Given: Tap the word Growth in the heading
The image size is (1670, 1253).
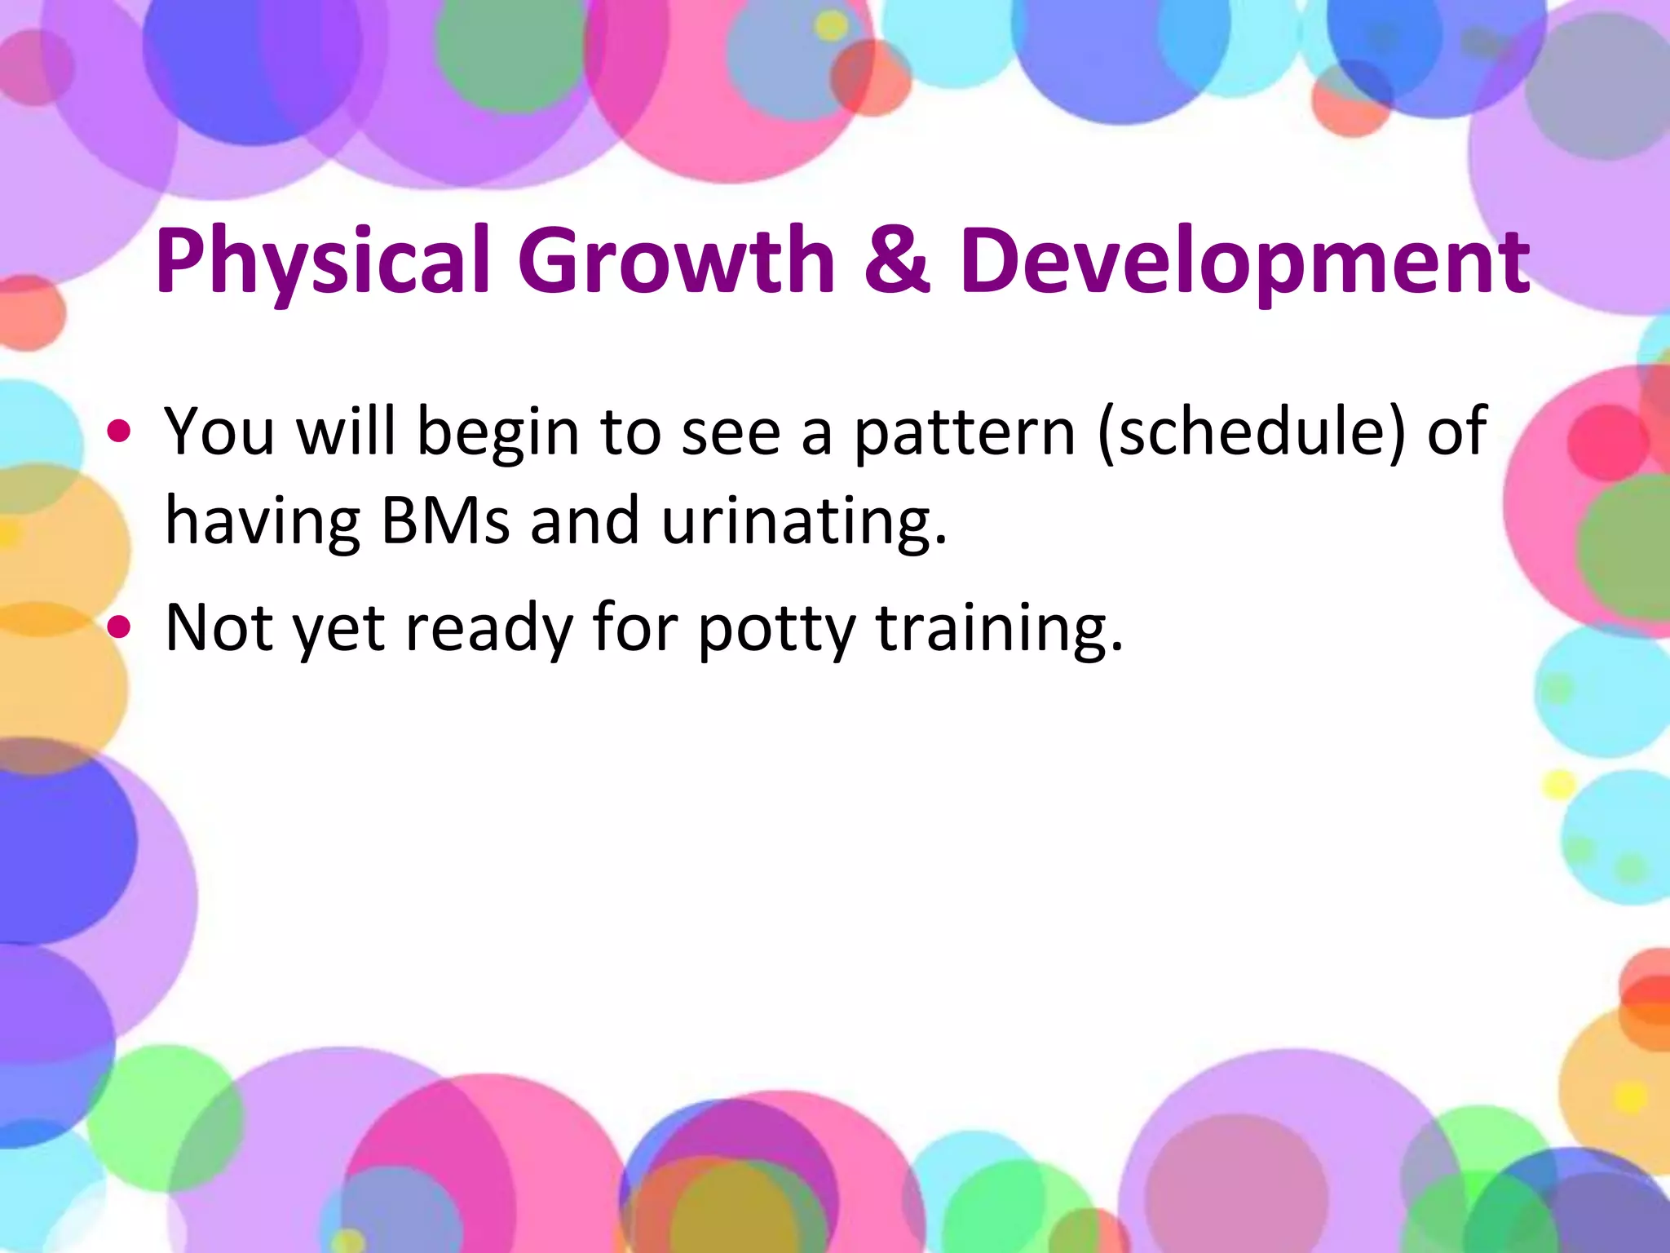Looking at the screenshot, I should pos(676,259).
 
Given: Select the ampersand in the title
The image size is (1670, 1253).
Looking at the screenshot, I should pos(896,259).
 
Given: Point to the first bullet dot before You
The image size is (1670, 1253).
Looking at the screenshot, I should pos(119,432).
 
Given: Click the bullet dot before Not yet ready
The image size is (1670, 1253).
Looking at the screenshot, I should pos(119,626).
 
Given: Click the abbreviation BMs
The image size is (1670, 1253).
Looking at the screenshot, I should pos(445,520).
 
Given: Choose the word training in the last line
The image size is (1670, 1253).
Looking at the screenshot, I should pos(998,629).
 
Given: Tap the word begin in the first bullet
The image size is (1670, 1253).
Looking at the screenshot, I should pos(498,433).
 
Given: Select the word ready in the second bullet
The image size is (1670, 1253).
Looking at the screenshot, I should pos(489,629).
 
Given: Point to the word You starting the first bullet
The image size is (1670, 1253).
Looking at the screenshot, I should pos(219,432).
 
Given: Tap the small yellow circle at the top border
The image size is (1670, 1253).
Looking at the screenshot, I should pos(831,26).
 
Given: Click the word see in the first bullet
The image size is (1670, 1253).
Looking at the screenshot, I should pos(731,433).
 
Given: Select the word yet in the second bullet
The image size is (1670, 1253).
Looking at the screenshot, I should pos(338,629).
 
